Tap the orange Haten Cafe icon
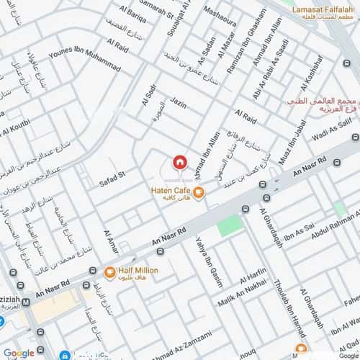pos(200,192)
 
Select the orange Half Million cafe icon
pos(109,271)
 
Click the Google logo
pos(18,353)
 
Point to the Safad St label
pos(112,174)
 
